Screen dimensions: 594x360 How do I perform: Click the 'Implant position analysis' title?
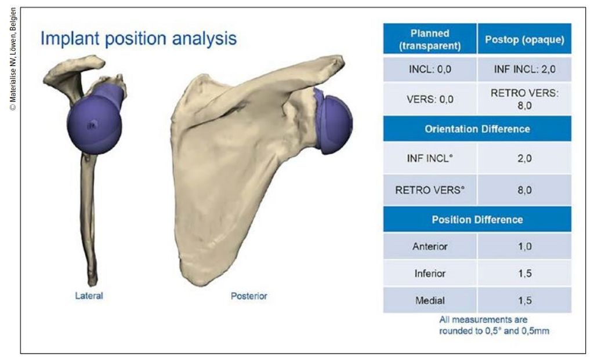138,39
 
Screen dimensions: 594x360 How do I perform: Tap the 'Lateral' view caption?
89,296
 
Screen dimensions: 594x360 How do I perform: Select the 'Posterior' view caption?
249,296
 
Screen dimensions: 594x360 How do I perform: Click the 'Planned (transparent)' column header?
430,39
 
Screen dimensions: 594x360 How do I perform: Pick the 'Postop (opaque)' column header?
524,39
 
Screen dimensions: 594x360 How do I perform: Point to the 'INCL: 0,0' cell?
430,69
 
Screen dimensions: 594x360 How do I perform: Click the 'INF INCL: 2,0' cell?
524,69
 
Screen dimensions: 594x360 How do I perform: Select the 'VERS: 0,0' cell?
430,99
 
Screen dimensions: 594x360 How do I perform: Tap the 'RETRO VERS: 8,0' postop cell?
524,99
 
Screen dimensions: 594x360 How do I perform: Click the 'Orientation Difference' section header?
477,129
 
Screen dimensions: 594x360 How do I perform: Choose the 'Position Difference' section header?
477,220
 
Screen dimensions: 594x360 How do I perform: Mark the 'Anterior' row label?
430,246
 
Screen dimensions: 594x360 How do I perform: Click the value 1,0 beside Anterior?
524,246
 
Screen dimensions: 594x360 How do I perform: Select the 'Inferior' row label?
430,273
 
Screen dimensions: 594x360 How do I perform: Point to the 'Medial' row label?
430,300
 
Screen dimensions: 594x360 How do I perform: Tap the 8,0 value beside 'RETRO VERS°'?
524,190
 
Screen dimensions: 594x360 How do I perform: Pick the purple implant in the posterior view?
333,121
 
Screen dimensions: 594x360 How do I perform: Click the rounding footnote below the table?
494,325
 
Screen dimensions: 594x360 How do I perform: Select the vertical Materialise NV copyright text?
13,59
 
